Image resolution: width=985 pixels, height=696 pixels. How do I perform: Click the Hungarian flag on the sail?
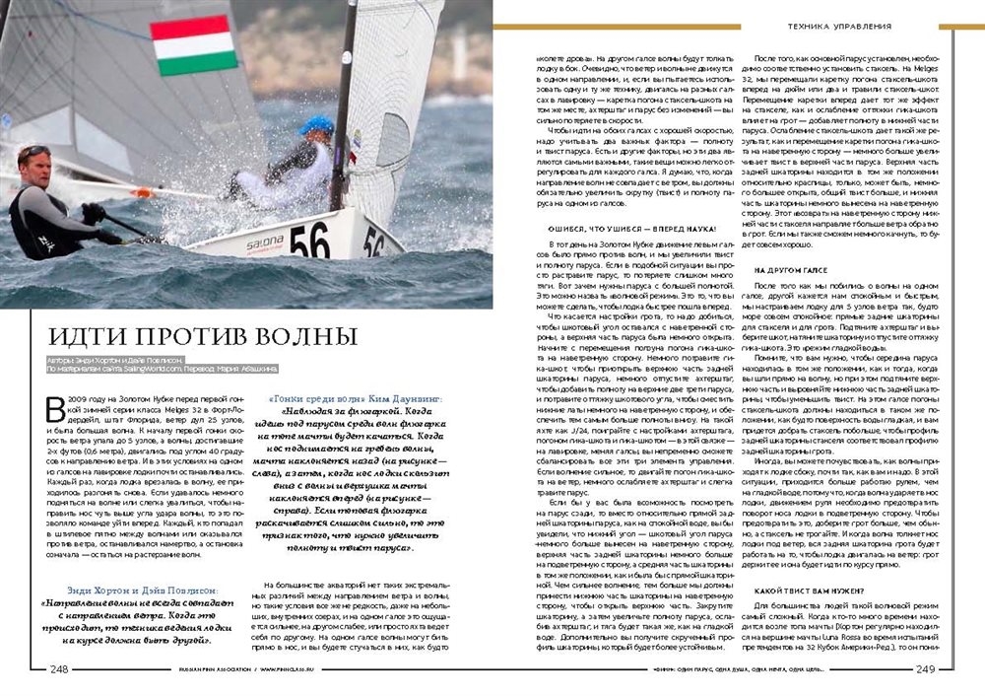[x=194, y=45]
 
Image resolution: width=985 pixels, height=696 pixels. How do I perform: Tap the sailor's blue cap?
[x=316, y=127]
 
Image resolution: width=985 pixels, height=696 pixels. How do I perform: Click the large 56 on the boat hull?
[x=308, y=240]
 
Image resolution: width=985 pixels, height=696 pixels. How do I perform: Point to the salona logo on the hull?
[x=263, y=242]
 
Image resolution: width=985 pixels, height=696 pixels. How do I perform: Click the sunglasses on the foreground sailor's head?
[x=34, y=150]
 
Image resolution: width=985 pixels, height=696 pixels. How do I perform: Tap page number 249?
[x=925, y=669]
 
